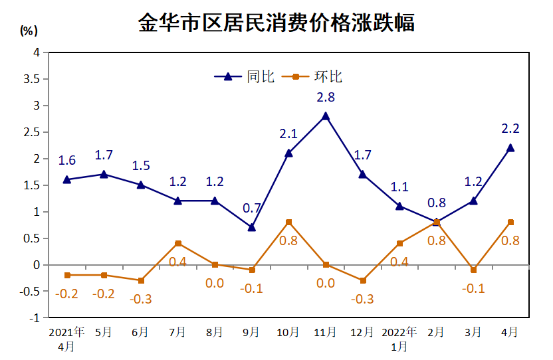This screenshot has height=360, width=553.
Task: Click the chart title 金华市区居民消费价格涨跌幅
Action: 276,23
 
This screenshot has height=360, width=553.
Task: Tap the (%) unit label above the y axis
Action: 29,31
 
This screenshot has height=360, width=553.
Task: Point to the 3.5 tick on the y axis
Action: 31,79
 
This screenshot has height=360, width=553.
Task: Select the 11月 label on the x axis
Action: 326,332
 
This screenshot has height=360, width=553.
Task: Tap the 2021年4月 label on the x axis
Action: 66,338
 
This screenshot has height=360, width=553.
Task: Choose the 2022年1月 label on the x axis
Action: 399,338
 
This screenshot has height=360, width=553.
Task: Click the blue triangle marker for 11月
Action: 326,116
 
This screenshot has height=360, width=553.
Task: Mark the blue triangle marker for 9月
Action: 252,227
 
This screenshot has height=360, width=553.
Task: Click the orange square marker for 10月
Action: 288,222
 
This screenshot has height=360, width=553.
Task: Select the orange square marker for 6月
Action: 141,280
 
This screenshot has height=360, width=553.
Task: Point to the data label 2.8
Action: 326,97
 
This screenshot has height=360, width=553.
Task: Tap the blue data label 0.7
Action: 251,209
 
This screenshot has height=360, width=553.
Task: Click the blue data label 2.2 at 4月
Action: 510,129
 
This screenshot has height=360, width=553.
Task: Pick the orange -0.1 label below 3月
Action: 473,289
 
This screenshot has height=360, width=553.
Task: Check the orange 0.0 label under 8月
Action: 215,284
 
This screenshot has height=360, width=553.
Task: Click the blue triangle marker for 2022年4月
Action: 510,147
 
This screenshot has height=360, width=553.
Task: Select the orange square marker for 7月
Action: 178,243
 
